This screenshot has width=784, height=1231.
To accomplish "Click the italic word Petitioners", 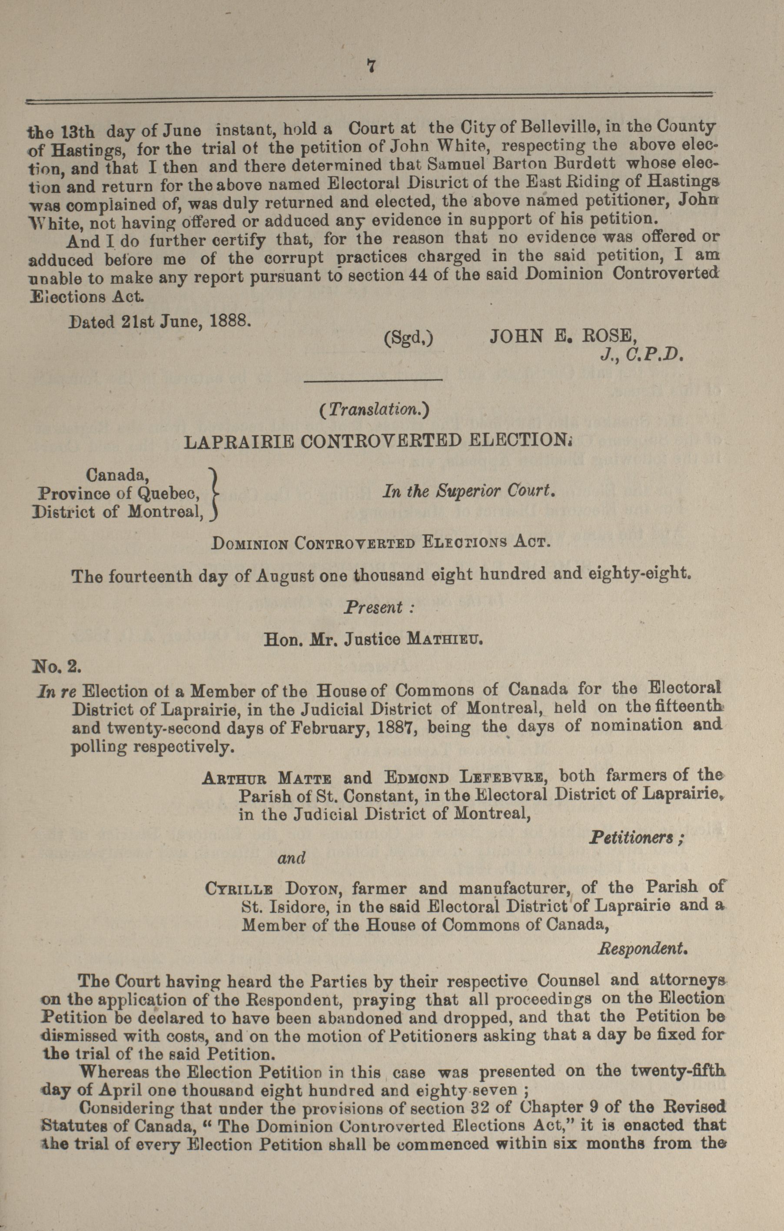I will [636, 838].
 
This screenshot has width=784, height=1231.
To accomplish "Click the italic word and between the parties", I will [291, 858].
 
